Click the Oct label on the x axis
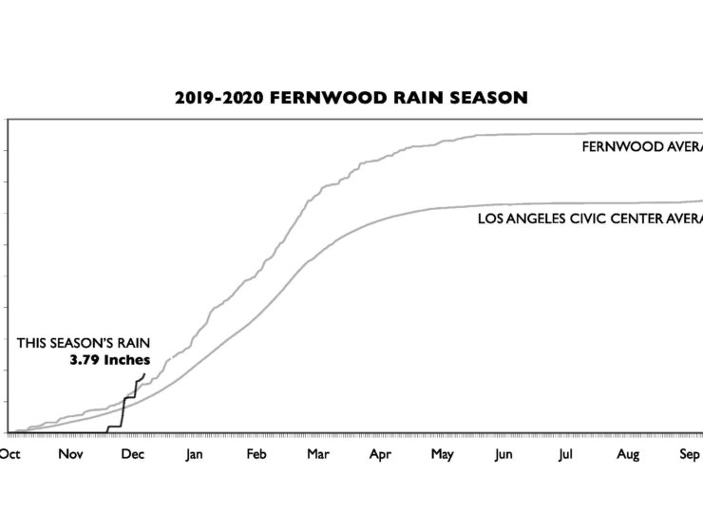[x=9, y=455]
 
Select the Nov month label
[x=71, y=455]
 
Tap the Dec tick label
[x=133, y=455]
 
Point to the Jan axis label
[x=194, y=455]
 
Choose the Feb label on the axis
[x=256, y=455]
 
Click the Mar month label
[x=317, y=455]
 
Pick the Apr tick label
[x=380, y=455]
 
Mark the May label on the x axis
[x=442, y=455]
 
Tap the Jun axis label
[x=503, y=455]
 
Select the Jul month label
[x=565, y=455]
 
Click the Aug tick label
[x=628, y=455]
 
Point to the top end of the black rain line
[x=144, y=373]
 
